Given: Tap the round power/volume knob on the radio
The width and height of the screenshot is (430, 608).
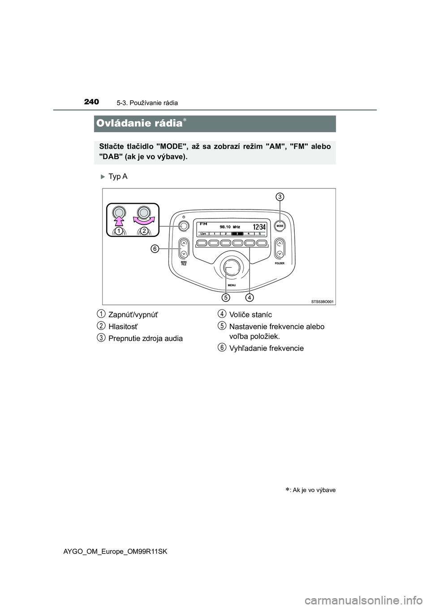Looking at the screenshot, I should coord(183,227).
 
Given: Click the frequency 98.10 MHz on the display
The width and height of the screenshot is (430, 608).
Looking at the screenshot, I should coord(230,227).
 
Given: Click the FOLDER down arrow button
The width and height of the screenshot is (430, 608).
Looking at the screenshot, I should coord(279,253).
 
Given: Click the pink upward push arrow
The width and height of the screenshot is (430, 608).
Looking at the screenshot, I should coord(120,219).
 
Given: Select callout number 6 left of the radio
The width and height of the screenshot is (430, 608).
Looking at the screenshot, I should coord(154,249).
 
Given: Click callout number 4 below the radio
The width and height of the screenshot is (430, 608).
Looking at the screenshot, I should coord(249,297).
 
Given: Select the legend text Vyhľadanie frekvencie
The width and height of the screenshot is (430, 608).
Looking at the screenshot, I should coord(266,348).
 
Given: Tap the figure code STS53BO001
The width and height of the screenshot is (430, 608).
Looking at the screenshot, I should coord(322,302).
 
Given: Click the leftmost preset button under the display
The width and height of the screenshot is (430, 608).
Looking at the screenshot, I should coord(202,243).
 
